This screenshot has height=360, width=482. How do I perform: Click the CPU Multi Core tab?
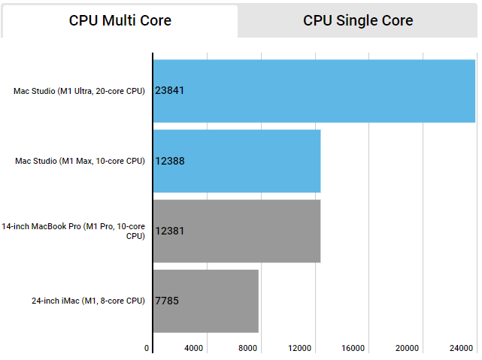coord(120,21)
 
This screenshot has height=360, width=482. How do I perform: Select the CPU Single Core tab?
coord(358,21)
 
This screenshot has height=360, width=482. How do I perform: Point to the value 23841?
coord(170,91)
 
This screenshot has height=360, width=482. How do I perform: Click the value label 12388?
coord(170,161)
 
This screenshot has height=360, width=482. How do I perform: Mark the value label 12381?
coord(170,231)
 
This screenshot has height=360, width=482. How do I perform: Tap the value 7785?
coord(167,301)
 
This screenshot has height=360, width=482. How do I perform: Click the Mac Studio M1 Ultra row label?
coord(79,91)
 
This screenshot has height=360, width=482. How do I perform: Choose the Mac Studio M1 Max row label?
coord(80,161)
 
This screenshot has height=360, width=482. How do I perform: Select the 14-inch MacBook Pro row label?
coord(73,231)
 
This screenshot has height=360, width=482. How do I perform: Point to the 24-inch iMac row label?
coord(88,301)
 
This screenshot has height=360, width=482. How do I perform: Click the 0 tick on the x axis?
coord(147,348)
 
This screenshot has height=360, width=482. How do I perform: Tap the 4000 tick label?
coord(194,348)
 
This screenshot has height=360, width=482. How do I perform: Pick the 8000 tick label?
coord(247,348)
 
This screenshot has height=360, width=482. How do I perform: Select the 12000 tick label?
coord(300,348)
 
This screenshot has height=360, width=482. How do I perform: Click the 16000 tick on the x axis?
coord(353,348)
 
